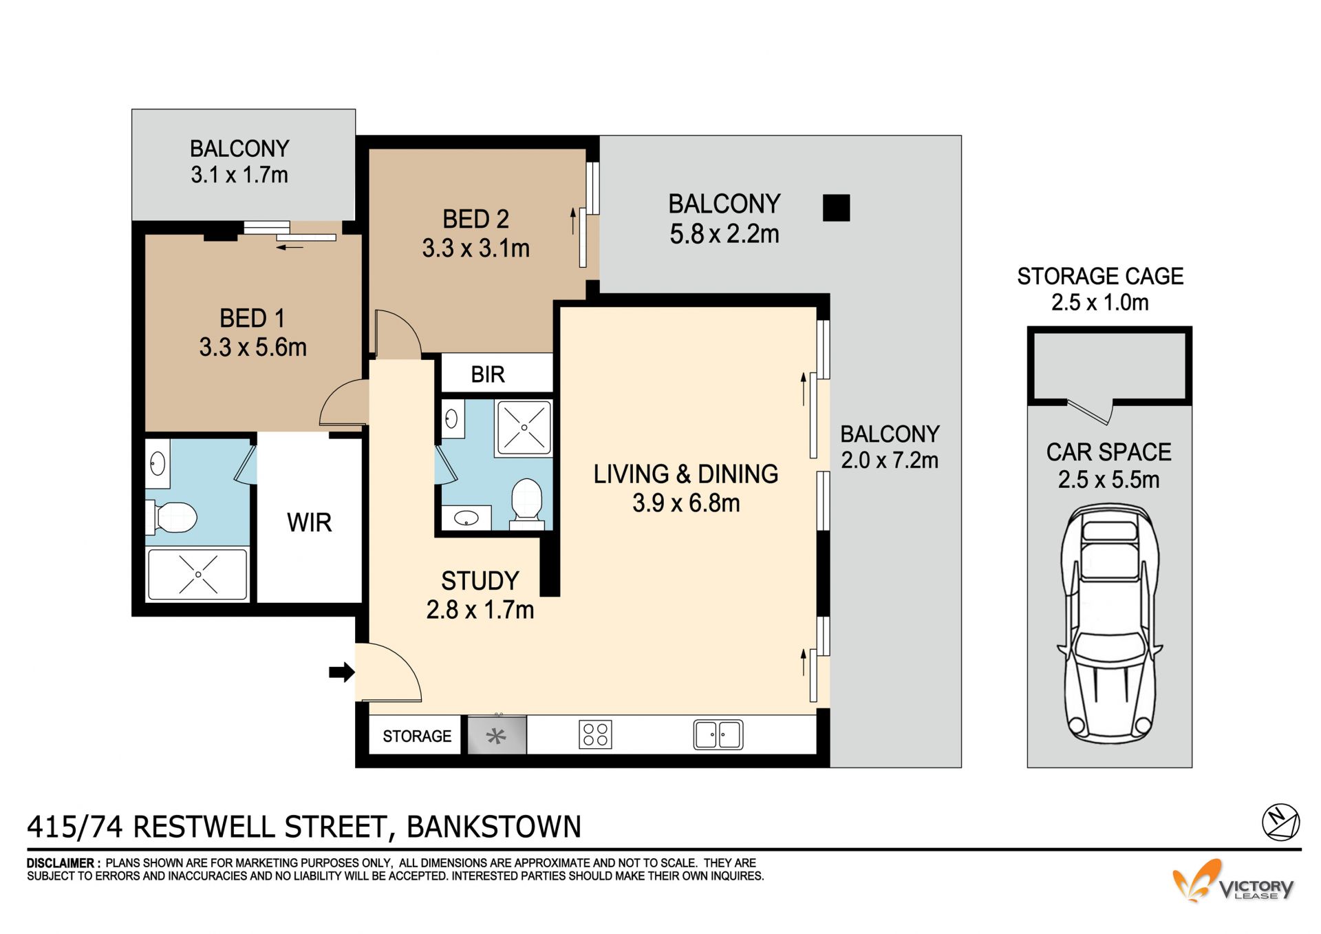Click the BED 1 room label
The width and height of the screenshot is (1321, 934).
pyautogui.click(x=252, y=318)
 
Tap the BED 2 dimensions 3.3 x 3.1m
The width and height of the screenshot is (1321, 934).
pyautogui.click(x=476, y=248)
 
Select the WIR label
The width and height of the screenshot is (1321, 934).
pyautogui.click(x=310, y=522)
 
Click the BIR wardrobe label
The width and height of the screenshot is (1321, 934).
pyautogui.click(x=488, y=374)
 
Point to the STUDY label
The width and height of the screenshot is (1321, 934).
pyautogui.click(x=480, y=581)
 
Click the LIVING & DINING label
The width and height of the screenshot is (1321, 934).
pyautogui.click(x=686, y=474)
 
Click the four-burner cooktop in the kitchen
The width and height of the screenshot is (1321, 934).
pyautogui.click(x=595, y=734)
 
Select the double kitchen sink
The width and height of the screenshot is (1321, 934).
pyautogui.click(x=718, y=734)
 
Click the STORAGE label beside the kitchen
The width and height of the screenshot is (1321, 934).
pyautogui.click(x=417, y=736)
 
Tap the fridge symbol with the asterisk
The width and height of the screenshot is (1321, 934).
pyautogui.click(x=497, y=735)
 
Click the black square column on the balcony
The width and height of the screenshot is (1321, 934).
pyautogui.click(x=837, y=208)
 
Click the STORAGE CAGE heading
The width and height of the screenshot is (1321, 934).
pyautogui.click(x=1100, y=276)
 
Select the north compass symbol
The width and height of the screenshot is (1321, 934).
pyautogui.click(x=1280, y=822)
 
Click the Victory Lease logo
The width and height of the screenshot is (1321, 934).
pyautogui.click(x=1234, y=881)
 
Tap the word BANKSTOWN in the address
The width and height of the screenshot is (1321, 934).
pyautogui.click(x=494, y=827)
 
